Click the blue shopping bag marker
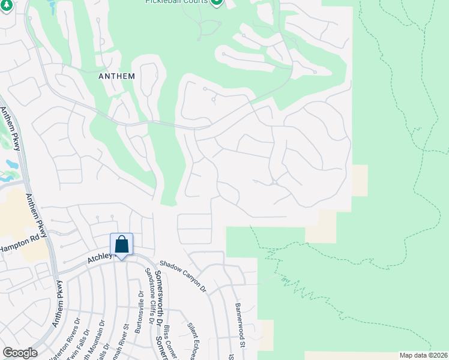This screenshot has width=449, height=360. pyautogui.click(x=121, y=245)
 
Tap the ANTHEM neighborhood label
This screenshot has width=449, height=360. pyautogui.click(x=116, y=77)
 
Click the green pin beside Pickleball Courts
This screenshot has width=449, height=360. pyautogui.click(x=217, y=2)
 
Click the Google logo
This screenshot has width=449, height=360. pyautogui.click(x=20, y=353)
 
